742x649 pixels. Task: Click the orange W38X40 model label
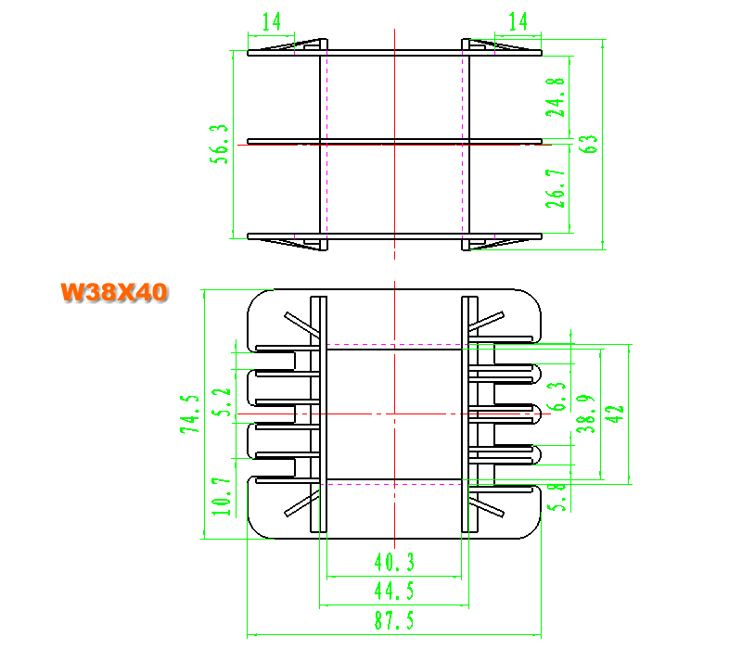point(114,292)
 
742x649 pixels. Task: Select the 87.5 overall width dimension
point(394,620)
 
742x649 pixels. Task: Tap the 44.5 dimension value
point(394,591)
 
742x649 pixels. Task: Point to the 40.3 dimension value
point(394,562)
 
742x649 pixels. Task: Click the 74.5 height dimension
point(190,414)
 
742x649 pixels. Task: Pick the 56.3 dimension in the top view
point(219,145)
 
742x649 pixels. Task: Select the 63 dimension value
point(588,144)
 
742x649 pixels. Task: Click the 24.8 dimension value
point(555,97)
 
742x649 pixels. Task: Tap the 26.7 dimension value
point(555,188)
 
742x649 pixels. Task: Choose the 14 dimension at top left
point(272,21)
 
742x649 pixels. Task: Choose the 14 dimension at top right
point(518,21)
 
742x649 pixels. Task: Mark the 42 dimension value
point(614,414)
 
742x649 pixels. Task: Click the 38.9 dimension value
point(586,414)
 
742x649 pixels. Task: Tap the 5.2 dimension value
point(221,402)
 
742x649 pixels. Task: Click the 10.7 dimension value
point(221,496)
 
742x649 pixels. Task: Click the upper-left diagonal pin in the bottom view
point(302,324)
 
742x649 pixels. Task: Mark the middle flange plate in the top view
point(394,141)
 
